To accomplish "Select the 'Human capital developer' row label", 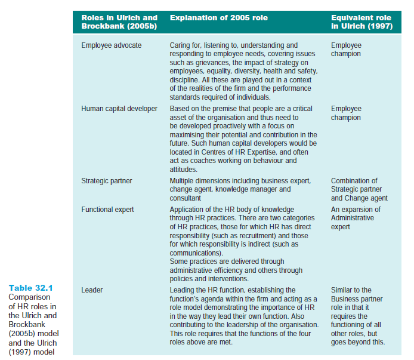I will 119,109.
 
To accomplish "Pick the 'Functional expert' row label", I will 107,210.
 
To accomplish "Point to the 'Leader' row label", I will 92,290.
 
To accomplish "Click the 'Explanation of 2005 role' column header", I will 219,19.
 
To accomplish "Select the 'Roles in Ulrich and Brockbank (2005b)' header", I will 119,23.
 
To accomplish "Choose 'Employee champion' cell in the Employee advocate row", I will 346,50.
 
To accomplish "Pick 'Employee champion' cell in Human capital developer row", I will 346,113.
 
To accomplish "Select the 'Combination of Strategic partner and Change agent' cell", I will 359,189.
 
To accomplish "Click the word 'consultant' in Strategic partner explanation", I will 186,198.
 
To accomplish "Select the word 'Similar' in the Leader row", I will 342,290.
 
